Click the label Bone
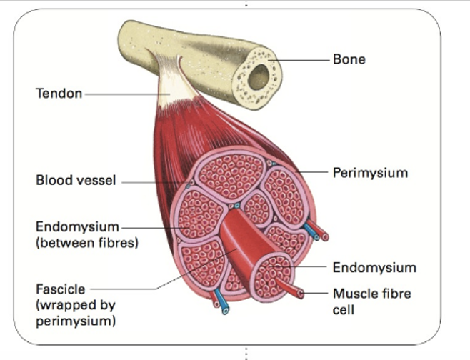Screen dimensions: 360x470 point(349,59)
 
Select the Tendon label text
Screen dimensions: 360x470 point(59,93)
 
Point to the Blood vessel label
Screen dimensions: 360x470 point(76,181)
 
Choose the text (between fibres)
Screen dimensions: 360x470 point(86,242)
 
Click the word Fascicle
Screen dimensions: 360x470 point(61,289)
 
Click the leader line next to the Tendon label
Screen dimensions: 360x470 point(121,94)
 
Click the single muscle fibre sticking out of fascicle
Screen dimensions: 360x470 point(289,288)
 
